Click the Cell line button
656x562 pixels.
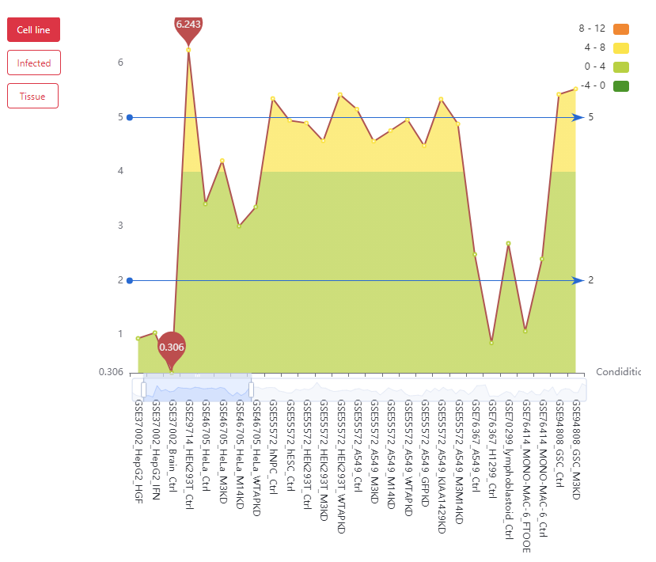(x=33, y=30)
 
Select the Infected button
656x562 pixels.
(x=33, y=63)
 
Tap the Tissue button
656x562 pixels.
(x=32, y=96)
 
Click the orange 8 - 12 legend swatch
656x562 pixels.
(x=620, y=28)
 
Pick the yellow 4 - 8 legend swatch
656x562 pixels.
(x=620, y=47)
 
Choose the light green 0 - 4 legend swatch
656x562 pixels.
(x=620, y=66)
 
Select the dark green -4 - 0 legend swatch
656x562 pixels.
(x=620, y=85)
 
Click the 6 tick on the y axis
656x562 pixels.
(x=121, y=62)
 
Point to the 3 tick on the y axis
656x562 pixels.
(x=121, y=226)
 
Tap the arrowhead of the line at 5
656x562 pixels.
(x=579, y=117)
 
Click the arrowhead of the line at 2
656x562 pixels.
(x=579, y=280)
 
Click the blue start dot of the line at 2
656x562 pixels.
(x=129, y=280)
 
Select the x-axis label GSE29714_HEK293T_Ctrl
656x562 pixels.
(x=188, y=446)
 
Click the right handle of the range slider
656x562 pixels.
(x=251, y=389)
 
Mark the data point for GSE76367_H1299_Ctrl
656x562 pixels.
(x=491, y=342)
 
